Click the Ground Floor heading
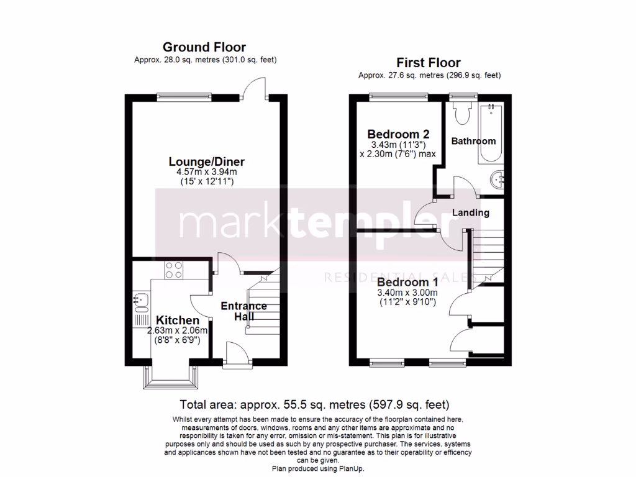click(204, 47)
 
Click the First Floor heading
click(429, 63)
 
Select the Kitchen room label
click(177, 320)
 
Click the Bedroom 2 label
click(398, 134)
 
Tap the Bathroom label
click(473, 141)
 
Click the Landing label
click(470, 212)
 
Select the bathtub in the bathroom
click(491, 134)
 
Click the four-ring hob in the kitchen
click(173, 270)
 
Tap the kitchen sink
click(140, 301)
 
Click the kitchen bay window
click(170, 376)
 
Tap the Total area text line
click(314, 404)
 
